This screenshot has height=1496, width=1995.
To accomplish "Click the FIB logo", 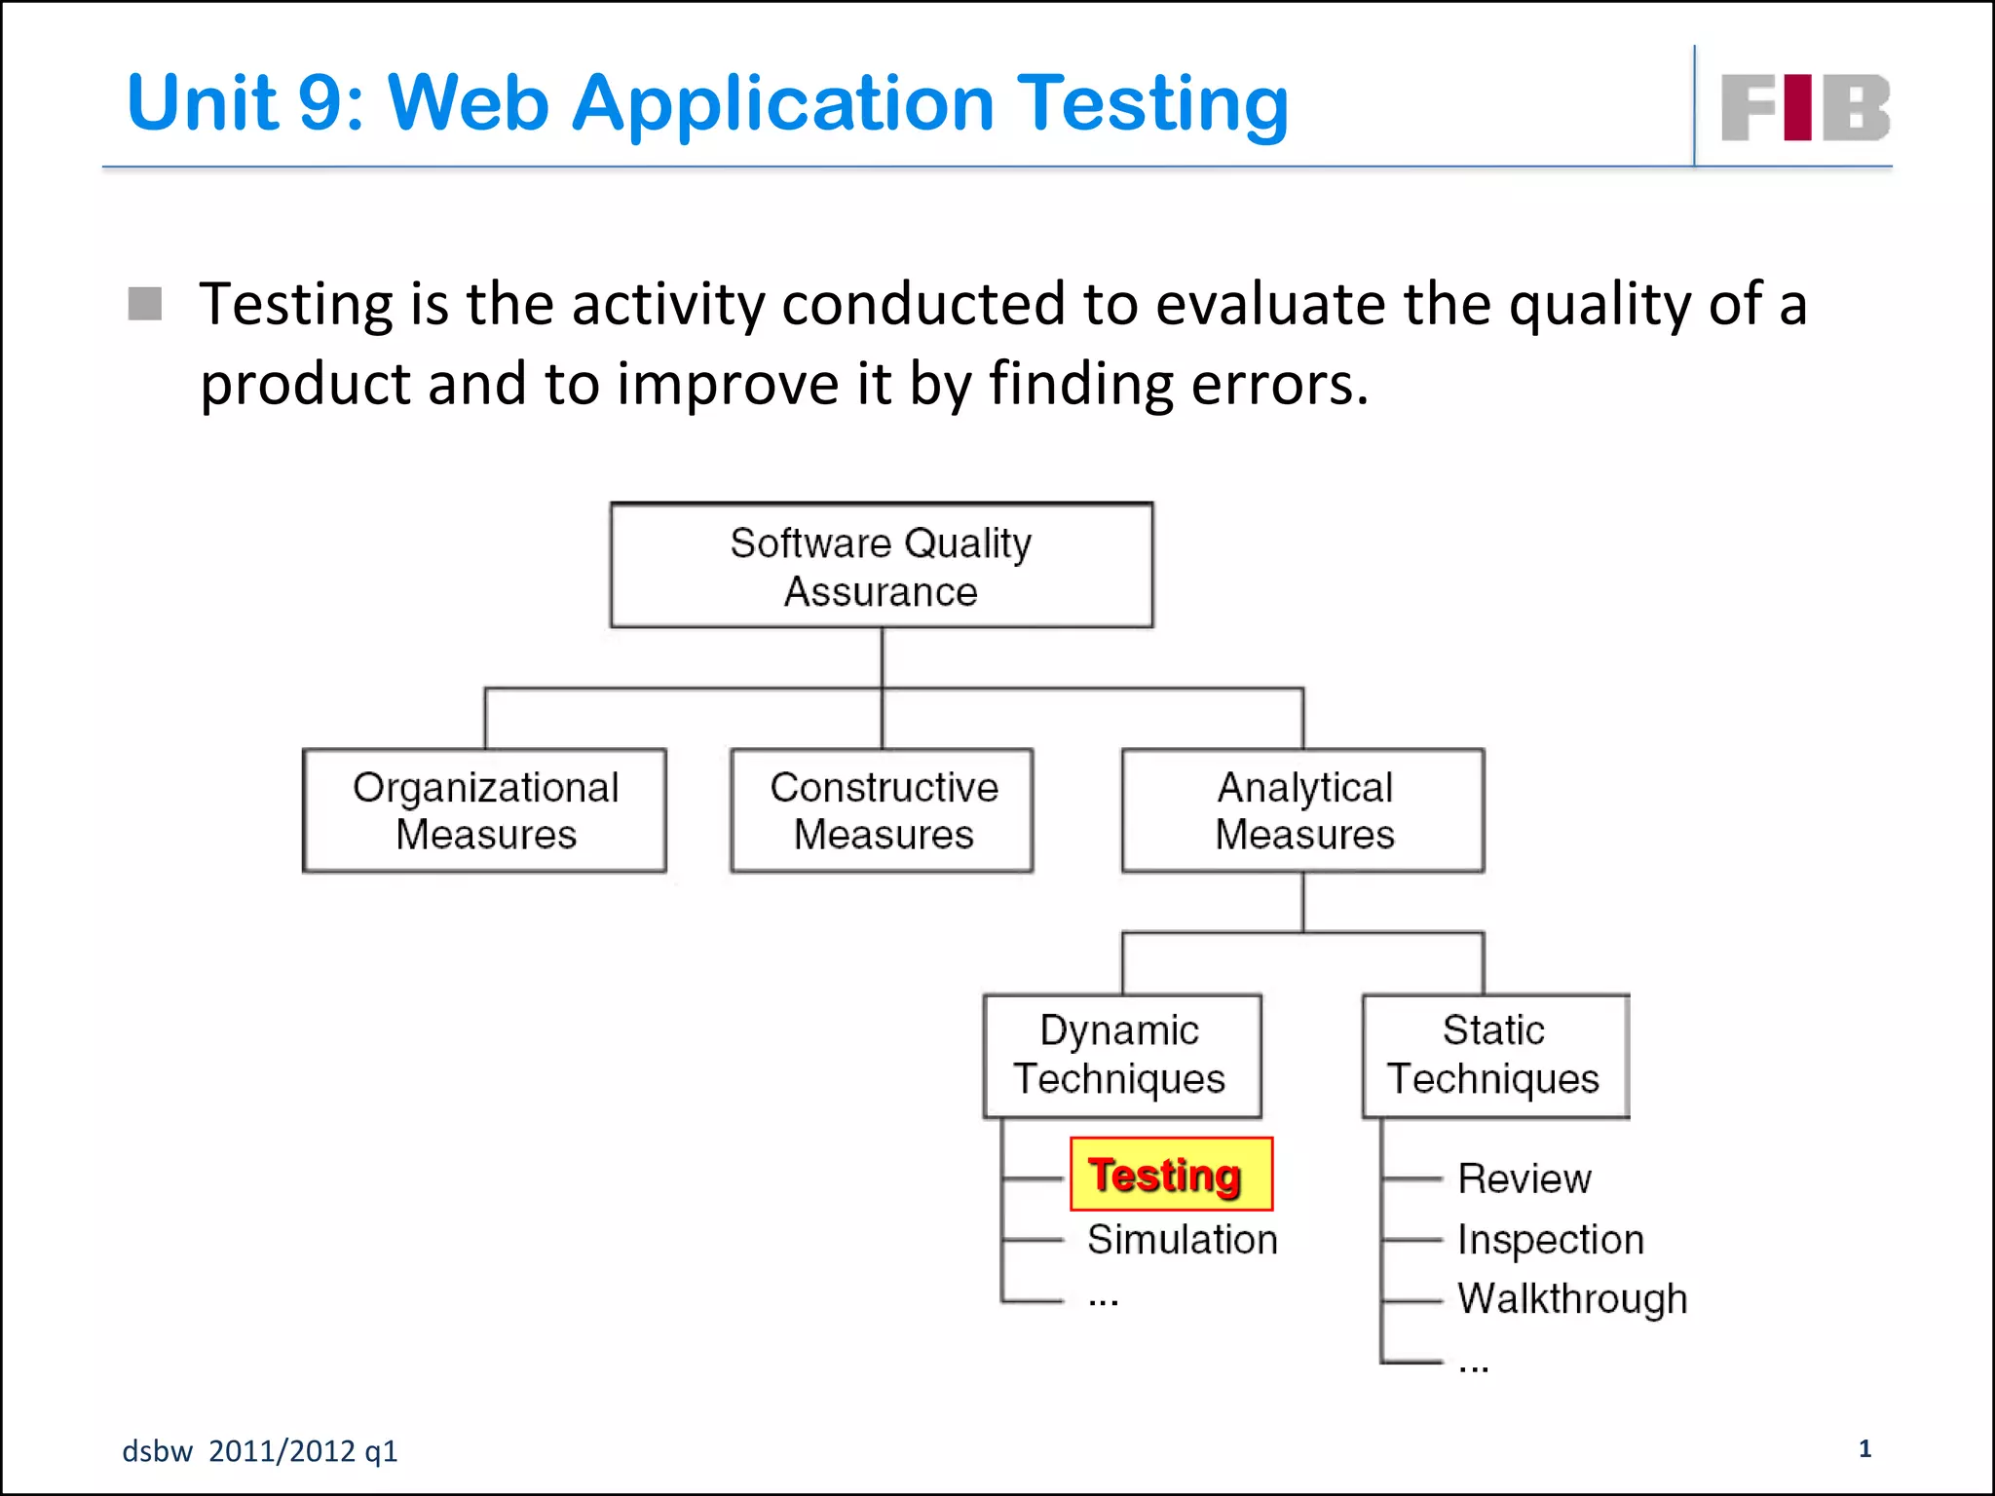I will [x=1804, y=107].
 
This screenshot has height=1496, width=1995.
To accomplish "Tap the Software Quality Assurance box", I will [x=881, y=566].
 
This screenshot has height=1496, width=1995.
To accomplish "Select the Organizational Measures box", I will [x=484, y=810].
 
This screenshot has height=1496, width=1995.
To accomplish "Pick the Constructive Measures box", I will [x=882, y=810].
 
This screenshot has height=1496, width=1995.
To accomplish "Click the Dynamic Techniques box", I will [x=1121, y=1056].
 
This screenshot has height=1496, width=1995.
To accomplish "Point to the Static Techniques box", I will [x=1494, y=1056].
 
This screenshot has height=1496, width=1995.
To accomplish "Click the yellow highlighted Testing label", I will [x=1170, y=1175].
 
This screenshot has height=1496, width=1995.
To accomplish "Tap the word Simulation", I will [x=1182, y=1240].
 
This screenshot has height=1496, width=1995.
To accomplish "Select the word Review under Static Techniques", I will [x=1524, y=1178].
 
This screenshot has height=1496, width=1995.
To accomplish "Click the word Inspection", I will [x=1550, y=1240].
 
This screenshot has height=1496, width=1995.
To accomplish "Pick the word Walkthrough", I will [x=1571, y=1299].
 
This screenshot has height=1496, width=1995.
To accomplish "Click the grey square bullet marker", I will [x=145, y=304].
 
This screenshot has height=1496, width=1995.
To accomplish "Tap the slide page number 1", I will [x=1864, y=1448].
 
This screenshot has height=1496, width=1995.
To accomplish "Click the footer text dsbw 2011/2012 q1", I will [x=260, y=1451].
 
